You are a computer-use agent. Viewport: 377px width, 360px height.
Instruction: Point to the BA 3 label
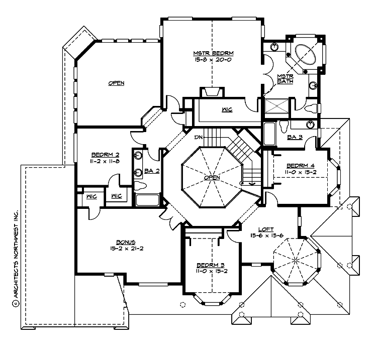(294, 137)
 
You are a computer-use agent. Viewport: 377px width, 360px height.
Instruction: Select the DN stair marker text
(200, 136)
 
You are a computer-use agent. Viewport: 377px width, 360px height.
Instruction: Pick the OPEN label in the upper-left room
(116, 83)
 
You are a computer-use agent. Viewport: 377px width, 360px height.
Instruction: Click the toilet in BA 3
(285, 126)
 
